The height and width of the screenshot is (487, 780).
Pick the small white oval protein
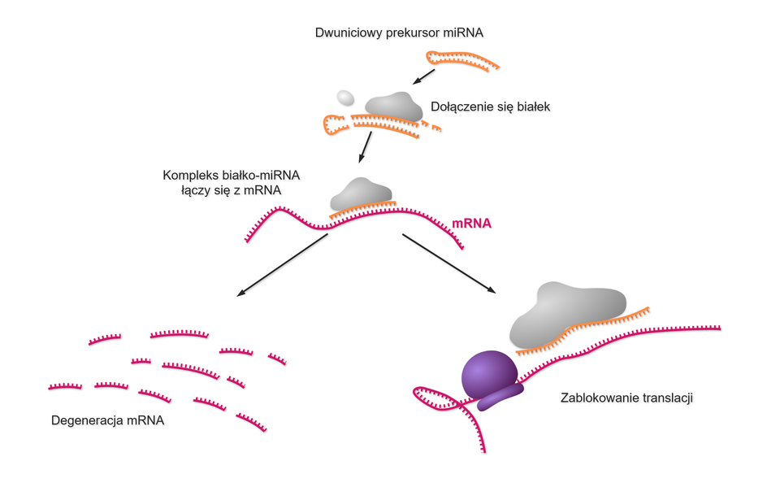[x=345, y=98]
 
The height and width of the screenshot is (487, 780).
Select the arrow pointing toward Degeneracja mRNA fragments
[x=280, y=263]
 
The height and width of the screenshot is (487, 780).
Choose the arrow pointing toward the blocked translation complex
[x=449, y=263]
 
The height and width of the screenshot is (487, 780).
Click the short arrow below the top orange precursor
[x=424, y=76]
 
